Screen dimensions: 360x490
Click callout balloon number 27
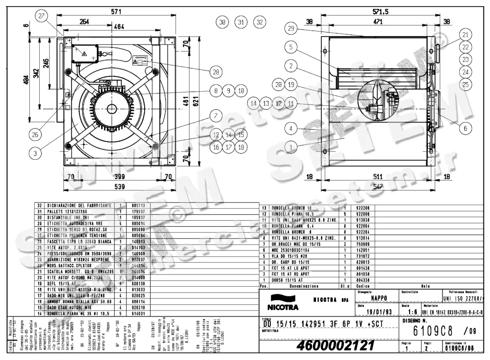click(x=42, y=16)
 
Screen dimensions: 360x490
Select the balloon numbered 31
click(x=241, y=22)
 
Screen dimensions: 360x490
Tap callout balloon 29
click(x=290, y=29)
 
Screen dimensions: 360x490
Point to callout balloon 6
click(x=464, y=128)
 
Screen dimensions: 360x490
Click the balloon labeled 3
click(x=36, y=153)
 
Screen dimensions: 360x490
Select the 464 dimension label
click(x=119, y=27)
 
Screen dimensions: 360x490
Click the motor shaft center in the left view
click(x=111, y=109)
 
